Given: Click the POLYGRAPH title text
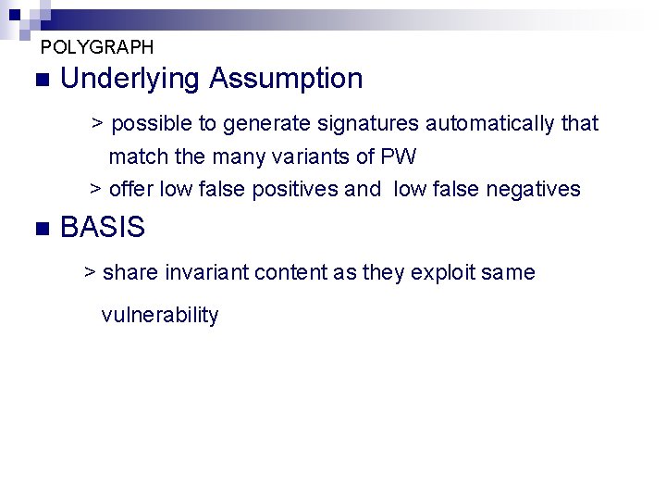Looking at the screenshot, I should point(97,46).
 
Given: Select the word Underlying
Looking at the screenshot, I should point(130,79).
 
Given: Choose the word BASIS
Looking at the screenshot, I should point(103,228).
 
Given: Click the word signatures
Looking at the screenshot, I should point(369,123).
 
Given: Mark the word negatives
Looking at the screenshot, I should point(533,190).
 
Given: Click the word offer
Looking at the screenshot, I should point(131,190).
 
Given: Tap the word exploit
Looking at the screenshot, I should point(444,272).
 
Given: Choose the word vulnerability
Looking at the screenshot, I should point(160,315).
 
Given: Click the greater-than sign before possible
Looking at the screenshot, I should point(96,123).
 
